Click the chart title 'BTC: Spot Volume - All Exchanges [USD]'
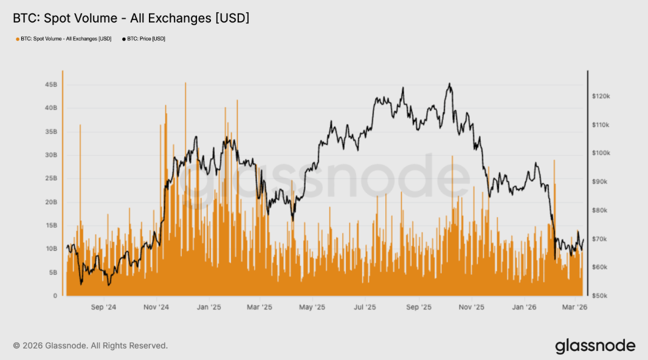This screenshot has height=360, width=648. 131,19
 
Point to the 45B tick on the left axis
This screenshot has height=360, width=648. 50,85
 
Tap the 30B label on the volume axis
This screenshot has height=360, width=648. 50,155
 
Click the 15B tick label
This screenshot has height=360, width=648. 50,226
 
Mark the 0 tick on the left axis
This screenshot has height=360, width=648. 55,296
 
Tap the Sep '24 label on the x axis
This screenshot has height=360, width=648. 103,308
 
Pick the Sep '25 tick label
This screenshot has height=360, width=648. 419,308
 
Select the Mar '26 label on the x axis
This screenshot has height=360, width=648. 573,308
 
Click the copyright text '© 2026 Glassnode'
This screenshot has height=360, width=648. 90,345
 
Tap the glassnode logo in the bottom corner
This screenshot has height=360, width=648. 595,346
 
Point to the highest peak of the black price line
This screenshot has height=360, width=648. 449,83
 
